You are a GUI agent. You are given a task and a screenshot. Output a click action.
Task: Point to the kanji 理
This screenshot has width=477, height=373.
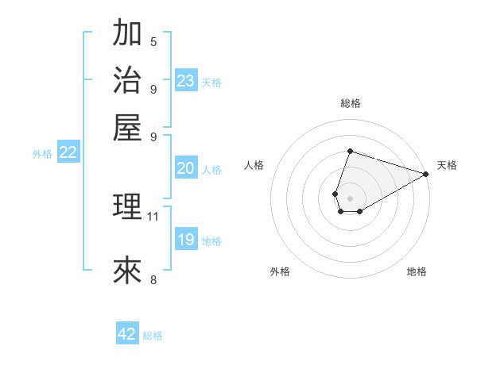pyautogui.click(x=127, y=206)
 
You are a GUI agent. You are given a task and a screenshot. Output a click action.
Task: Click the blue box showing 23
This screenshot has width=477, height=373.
pyautogui.click(x=186, y=81)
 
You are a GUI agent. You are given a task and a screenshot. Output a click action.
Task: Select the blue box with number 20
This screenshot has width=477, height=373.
pyautogui.click(x=186, y=168)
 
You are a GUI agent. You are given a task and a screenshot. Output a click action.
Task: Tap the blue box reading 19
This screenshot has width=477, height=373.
pyautogui.click(x=186, y=240)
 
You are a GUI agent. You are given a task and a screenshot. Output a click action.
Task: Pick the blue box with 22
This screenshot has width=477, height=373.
pyautogui.click(x=68, y=153)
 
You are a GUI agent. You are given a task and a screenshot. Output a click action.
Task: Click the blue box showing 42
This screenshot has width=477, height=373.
pyautogui.click(x=127, y=334)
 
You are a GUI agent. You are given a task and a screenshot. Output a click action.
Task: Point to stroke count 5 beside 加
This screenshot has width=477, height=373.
pyautogui.click(x=153, y=42)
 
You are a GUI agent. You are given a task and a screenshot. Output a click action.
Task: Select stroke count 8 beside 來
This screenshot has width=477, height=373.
pyautogui.click(x=153, y=279)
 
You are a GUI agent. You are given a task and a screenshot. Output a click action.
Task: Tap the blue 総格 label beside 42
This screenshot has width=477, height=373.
pyautogui.click(x=153, y=336)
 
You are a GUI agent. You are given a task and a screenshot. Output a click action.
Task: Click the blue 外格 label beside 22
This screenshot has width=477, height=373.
pyautogui.click(x=42, y=155)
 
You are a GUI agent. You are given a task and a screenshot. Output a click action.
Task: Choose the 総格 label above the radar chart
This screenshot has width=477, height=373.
pyautogui.click(x=350, y=103)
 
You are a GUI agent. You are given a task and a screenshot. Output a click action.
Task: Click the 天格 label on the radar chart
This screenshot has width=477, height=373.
pyautogui.click(x=447, y=165)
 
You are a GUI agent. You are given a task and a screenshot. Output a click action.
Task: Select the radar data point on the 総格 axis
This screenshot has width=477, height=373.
pyautogui.click(x=350, y=151)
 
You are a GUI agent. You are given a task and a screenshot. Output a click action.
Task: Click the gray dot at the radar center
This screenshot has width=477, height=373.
pyautogui.click(x=350, y=197)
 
